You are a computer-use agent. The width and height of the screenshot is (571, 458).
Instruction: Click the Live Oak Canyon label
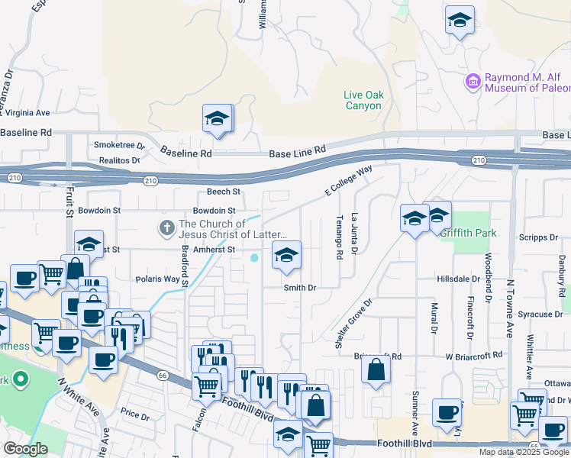[363, 100]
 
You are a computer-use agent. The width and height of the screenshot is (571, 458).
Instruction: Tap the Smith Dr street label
[300, 288]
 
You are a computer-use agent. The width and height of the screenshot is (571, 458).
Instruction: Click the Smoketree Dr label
[118, 145]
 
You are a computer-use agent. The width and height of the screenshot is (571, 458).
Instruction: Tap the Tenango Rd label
[338, 237]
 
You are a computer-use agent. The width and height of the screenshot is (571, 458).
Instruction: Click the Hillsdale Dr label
[457, 279]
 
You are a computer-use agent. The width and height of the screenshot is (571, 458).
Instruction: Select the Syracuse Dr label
[534, 314]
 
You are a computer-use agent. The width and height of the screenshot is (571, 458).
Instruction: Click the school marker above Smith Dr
[286, 256]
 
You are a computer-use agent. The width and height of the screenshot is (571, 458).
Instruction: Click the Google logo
[25, 449]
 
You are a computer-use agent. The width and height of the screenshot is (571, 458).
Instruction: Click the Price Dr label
[134, 414]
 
